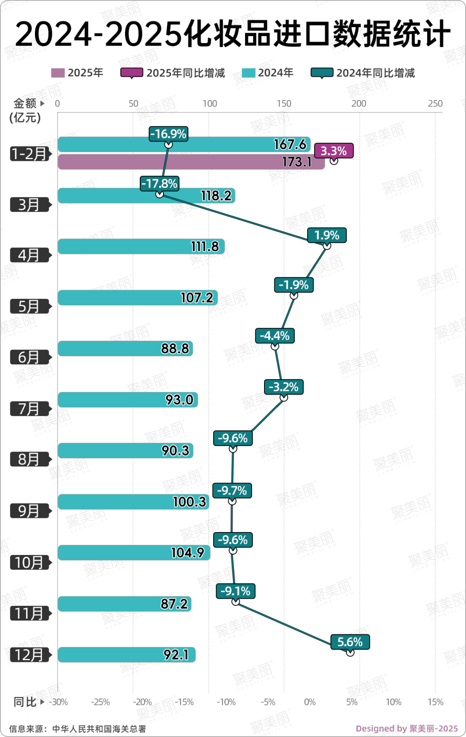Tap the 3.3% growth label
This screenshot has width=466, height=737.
(x=334, y=151)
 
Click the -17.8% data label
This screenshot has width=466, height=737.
(x=159, y=184)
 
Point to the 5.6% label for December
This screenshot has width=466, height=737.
(x=350, y=642)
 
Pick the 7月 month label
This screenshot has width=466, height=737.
(x=29, y=408)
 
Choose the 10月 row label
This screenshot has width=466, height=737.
(x=29, y=562)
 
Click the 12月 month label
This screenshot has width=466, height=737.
(x=29, y=655)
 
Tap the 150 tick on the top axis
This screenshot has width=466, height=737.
(x=284, y=103)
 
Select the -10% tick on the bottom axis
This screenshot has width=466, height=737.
(x=226, y=702)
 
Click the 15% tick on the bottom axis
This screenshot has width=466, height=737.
(x=435, y=702)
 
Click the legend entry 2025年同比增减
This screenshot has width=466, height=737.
(x=173, y=73)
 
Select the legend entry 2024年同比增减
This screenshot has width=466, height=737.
(x=363, y=73)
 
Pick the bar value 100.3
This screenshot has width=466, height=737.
(x=189, y=502)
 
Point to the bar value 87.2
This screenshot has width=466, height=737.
(x=174, y=604)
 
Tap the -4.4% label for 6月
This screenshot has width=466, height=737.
(x=275, y=336)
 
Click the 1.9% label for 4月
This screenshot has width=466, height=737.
(x=327, y=235)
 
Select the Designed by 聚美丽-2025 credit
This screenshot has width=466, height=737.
(x=406, y=728)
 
